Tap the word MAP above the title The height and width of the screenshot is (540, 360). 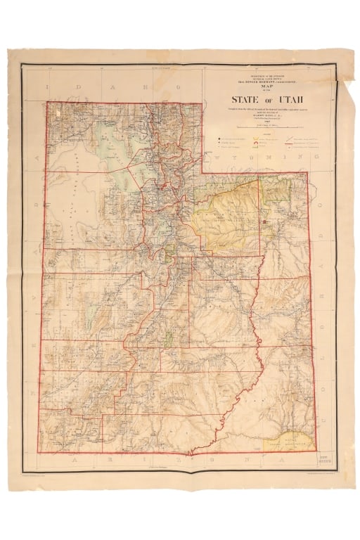264,86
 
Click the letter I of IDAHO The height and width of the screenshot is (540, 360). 49,88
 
